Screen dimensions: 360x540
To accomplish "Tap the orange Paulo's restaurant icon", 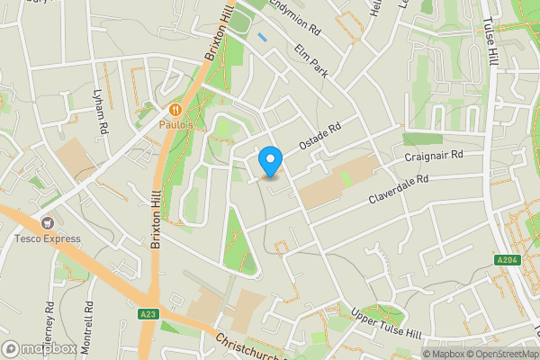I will click(176, 107).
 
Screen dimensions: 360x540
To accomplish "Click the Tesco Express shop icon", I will click(47, 222).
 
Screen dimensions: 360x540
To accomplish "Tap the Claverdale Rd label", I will click(396, 184).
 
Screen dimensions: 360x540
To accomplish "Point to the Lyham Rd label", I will click(102, 111).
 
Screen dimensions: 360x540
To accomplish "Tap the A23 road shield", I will click(149, 313).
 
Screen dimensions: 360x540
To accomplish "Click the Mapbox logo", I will click(40, 348).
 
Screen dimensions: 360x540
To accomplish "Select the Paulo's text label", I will click(176, 125).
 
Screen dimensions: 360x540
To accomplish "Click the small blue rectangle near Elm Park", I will click(262, 38).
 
